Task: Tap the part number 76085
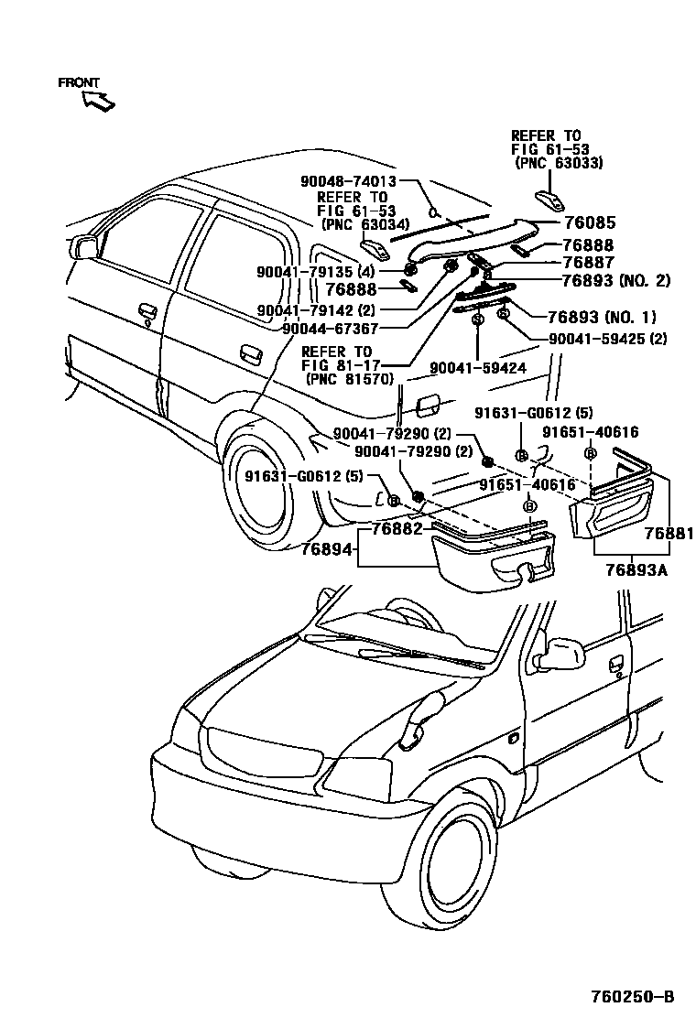(x=589, y=223)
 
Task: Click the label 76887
(x=589, y=262)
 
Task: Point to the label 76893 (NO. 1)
(x=601, y=318)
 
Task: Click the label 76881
(x=669, y=534)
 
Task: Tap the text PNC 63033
(x=562, y=163)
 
